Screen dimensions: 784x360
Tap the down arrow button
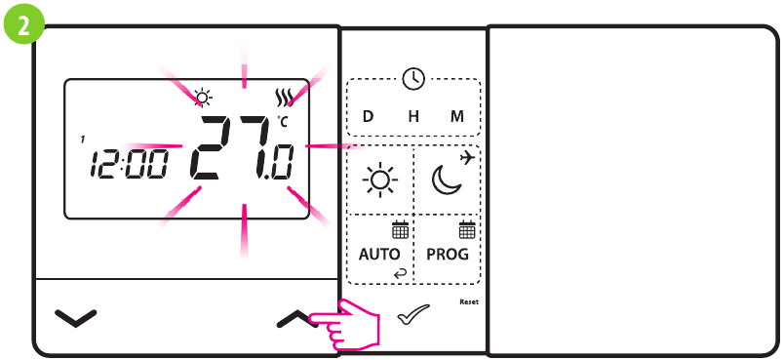click(x=76, y=317)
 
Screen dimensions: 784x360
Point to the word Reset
click(x=469, y=301)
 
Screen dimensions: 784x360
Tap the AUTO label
click(x=379, y=254)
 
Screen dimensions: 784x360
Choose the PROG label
click(x=448, y=254)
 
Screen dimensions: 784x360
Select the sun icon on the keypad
click(x=379, y=180)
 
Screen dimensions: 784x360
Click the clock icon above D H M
click(x=413, y=79)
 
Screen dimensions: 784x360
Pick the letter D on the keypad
click(x=368, y=116)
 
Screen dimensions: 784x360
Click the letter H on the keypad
click(x=413, y=116)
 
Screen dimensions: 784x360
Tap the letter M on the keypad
click(x=457, y=116)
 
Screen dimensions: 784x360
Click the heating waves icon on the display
click(x=284, y=98)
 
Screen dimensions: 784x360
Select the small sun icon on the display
click(x=202, y=97)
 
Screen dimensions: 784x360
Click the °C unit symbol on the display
click(x=283, y=122)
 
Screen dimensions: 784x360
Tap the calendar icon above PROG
click(x=466, y=230)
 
